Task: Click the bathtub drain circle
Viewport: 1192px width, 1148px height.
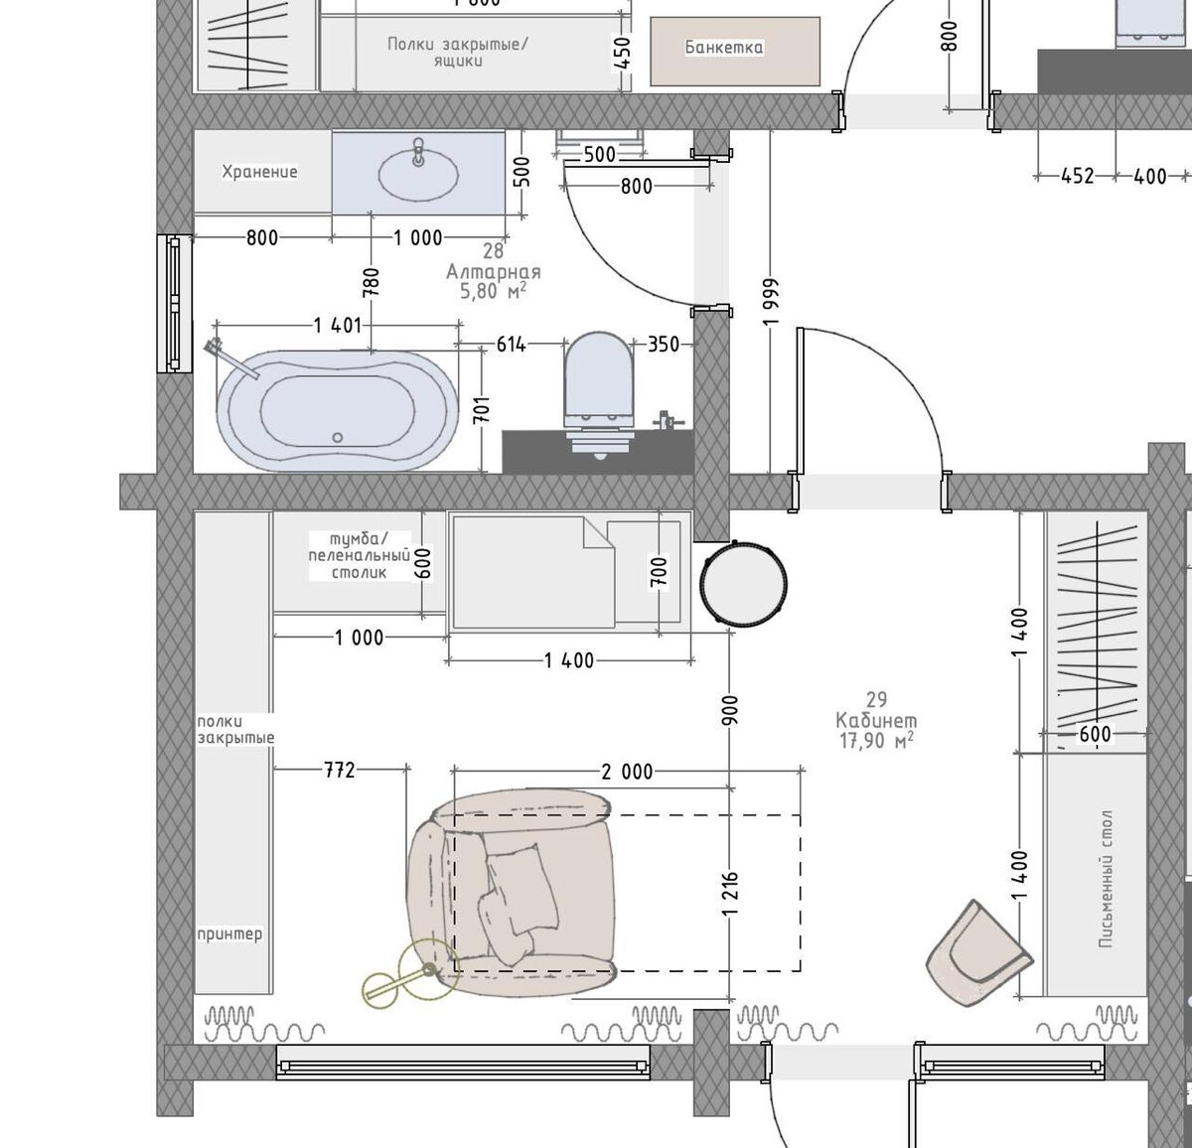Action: [x=338, y=438]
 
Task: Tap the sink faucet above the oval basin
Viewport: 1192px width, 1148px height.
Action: [x=418, y=151]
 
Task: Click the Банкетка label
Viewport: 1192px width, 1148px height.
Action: [x=724, y=48]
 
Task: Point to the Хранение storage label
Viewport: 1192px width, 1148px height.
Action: [x=259, y=172]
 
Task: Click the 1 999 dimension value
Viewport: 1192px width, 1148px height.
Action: [x=773, y=302]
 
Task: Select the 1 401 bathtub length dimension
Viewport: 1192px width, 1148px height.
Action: [x=338, y=325]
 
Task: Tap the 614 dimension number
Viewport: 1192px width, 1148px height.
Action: [x=511, y=346]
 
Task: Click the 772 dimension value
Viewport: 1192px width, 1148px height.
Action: [x=340, y=770]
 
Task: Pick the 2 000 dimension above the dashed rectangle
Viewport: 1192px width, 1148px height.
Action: [x=627, y=772]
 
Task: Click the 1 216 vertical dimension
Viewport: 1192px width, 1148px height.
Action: [x=731, y=893]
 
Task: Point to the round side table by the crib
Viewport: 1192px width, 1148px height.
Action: [x=744, y=583]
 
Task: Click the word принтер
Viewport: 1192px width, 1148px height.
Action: [x=229, y=934]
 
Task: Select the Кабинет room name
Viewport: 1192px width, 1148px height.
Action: [x=876, y=720]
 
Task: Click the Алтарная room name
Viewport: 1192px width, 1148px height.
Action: [x=493, y=271]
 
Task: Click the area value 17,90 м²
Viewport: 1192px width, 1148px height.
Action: [x=876, y=741]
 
